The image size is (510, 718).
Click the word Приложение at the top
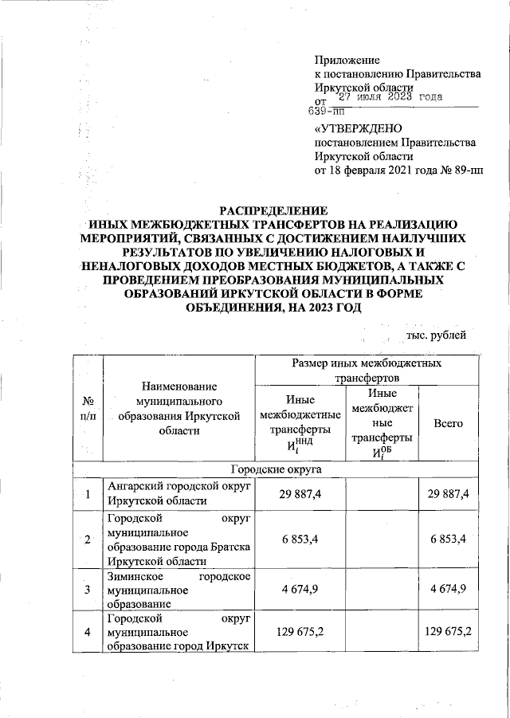tap(347, 60)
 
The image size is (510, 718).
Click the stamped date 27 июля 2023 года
tap(390, 98)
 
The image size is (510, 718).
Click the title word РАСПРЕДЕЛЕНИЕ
tap(273, 210)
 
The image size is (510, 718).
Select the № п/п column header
tap(88, 409)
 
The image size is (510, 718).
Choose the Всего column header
tap(448, 424)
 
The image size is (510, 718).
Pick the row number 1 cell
tap(88, 495)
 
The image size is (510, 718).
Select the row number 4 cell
tap(88, 631)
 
